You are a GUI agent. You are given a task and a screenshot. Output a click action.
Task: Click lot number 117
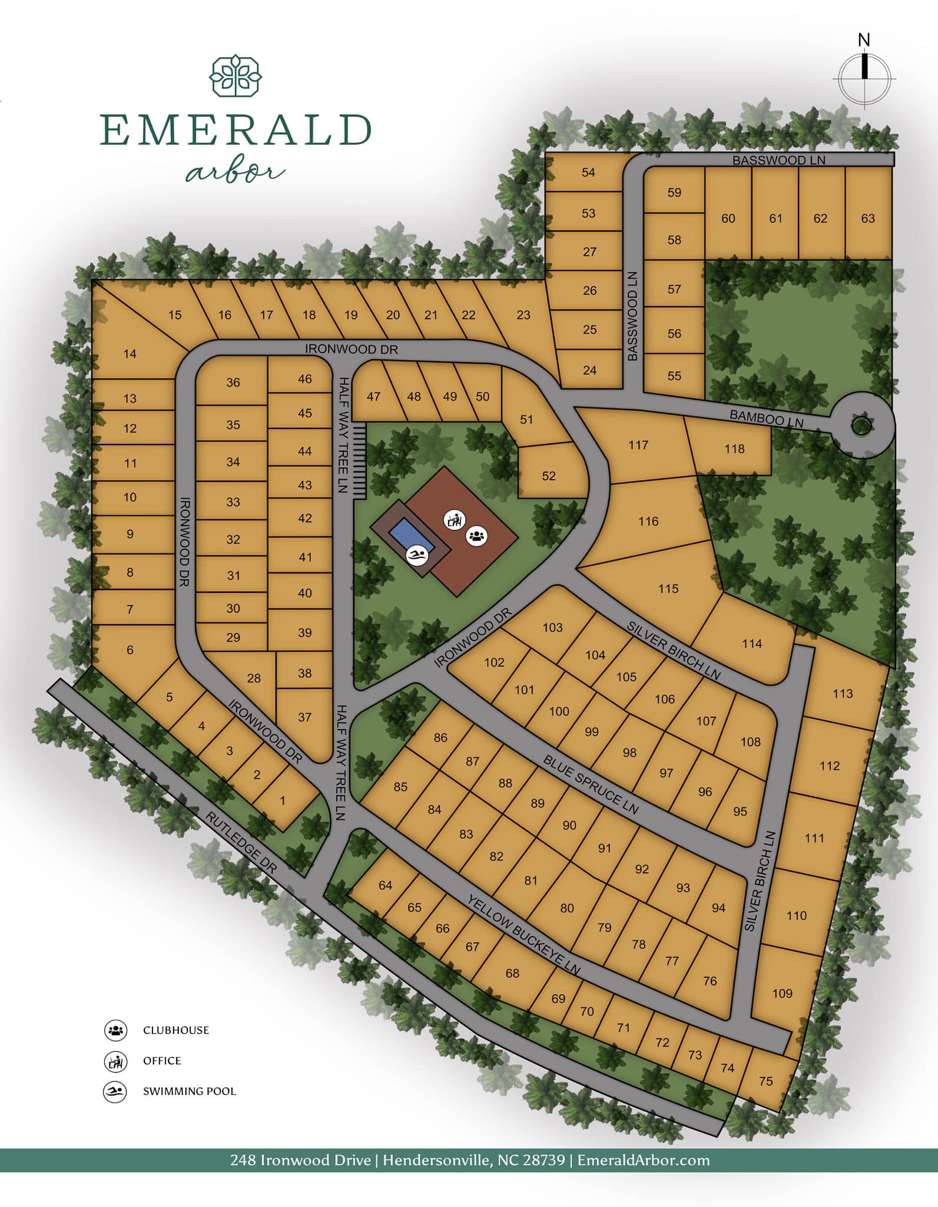coord(638,445)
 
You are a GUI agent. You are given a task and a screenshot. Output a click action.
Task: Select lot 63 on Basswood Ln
coord(868,218)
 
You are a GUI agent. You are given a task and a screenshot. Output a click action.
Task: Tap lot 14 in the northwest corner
coord(130,354)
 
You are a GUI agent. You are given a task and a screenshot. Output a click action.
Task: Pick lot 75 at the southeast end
coord(765,1081)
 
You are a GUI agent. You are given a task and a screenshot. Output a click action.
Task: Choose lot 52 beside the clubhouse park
coord(549,476)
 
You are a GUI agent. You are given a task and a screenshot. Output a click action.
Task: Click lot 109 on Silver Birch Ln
coord(782,993)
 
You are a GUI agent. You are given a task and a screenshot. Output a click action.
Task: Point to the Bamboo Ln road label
coord(766,418)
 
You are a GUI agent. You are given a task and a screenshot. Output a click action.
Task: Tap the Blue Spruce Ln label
coord(591,784)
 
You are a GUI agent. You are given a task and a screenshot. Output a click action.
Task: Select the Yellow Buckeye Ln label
coord(523,934)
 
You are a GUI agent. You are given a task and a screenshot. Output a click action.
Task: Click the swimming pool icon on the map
coord(417,555)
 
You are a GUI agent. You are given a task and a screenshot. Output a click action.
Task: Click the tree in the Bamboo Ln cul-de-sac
coord(861,425)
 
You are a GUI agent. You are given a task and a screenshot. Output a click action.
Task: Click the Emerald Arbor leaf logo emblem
coord(236,76)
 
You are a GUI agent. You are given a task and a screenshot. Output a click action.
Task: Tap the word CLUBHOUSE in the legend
coord(176,1030)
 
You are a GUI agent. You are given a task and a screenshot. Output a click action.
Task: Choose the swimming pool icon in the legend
coord(115,1091)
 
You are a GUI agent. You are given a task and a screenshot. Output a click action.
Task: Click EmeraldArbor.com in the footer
coord(643,1160)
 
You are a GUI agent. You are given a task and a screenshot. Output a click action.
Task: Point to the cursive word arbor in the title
coord(234,172)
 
